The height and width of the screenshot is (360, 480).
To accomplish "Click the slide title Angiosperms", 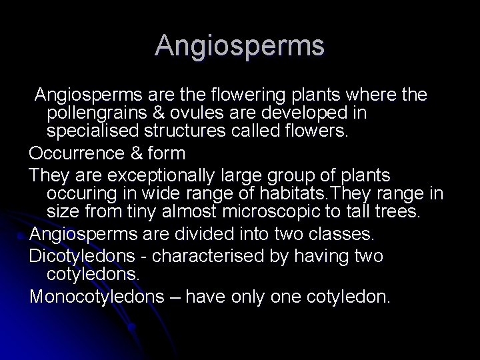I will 240,45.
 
